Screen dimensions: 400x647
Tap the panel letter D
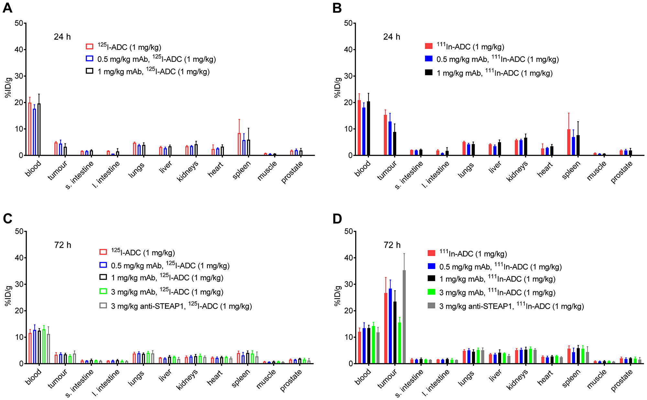pos(337,219)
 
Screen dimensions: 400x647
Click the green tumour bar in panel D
pos(400,343)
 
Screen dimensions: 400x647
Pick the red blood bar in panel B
pos(359,128)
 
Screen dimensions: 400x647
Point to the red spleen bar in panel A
pos(239,144)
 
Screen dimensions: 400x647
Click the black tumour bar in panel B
pos(395,144)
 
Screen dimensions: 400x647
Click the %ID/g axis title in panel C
pos(8,296)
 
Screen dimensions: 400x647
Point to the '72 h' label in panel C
pos(62,245)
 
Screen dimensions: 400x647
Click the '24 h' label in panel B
pos(391,37)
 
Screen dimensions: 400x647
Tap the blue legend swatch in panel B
pos(429,59)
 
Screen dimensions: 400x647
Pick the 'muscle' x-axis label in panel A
pos(267,171)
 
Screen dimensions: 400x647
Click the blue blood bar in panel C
pos(35,347)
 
